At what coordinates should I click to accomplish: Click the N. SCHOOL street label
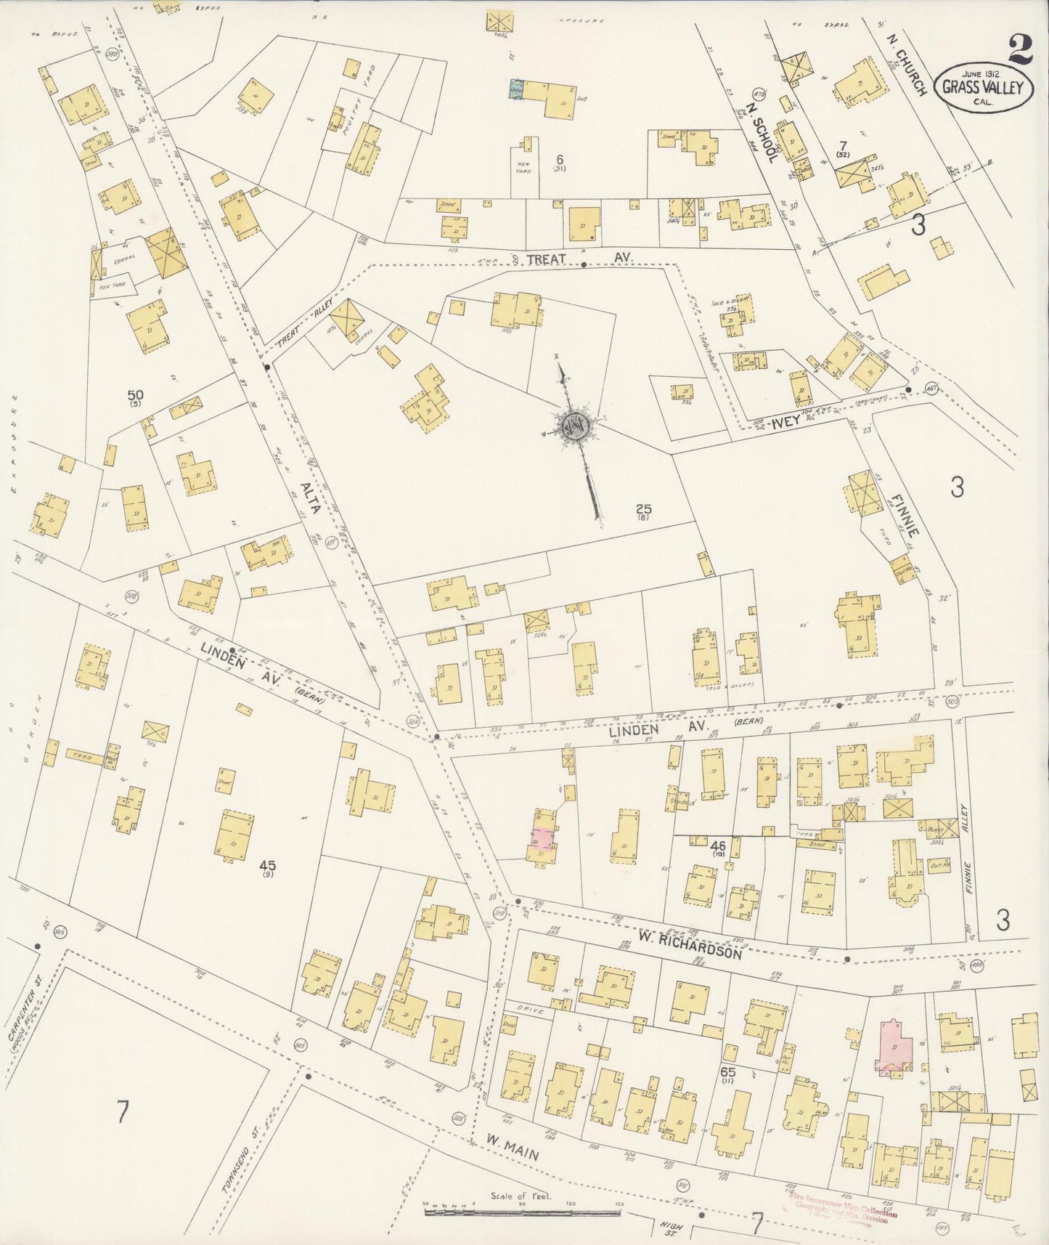(762, 131)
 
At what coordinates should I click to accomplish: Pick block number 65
(728, 1071)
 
